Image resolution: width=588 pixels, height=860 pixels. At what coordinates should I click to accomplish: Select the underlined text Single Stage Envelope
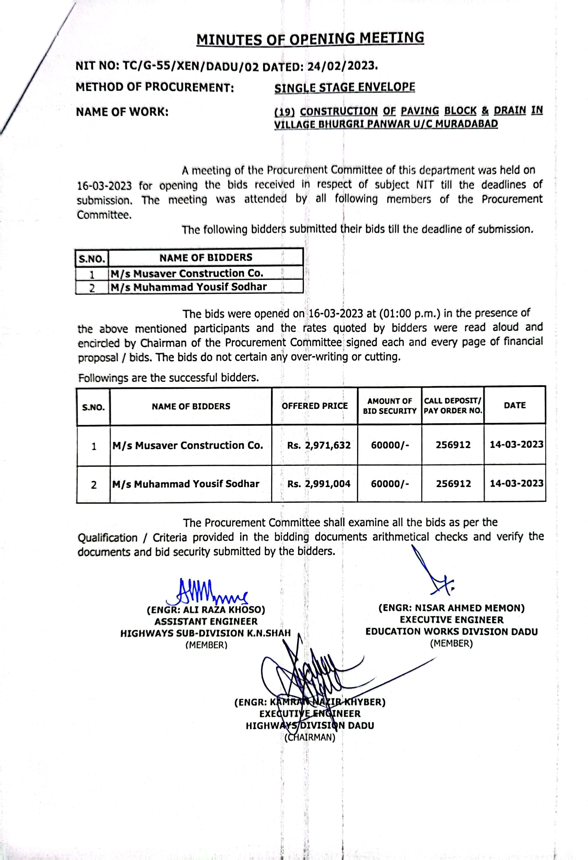pyautogui.click(x=344, y=88)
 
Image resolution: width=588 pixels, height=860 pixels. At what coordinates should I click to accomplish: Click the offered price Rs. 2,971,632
pyautogui.click(x=319, y=445)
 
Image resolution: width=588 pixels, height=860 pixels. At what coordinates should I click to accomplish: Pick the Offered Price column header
pyautogui.click(x=315, y=406)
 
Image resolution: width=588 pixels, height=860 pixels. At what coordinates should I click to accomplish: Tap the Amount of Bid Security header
pyautogui.click(x=389, y=406)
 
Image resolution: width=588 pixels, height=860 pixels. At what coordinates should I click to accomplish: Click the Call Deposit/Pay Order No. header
pyautogui.click(x=453, y=406)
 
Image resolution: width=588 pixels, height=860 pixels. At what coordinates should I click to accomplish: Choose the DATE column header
pyautogui.click(x=515, y=405)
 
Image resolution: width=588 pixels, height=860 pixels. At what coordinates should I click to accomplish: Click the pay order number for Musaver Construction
pyautogui.click(x=453, y=445)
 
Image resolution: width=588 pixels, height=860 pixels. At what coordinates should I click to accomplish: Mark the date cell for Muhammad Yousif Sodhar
pyautogui.click(x=516, y=483)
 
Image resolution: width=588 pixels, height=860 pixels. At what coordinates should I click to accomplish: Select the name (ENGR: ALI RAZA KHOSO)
pyautogui.click(x=206, y=610)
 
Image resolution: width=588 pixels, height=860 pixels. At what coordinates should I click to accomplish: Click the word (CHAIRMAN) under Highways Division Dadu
pyautogui.click(x=310, y=738)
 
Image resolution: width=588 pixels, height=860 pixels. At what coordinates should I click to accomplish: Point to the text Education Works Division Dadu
pyautogui.click(x=451, y=632)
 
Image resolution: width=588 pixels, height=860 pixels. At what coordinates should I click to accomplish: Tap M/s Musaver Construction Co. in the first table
pyautogui.click(x=187, y=273)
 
